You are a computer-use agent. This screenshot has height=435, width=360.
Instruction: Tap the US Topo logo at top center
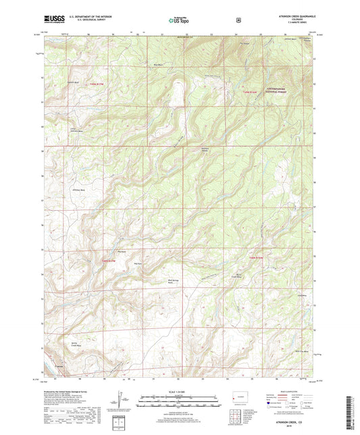pos(179,21)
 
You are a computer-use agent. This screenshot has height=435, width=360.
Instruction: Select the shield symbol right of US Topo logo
pos(238,20)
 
